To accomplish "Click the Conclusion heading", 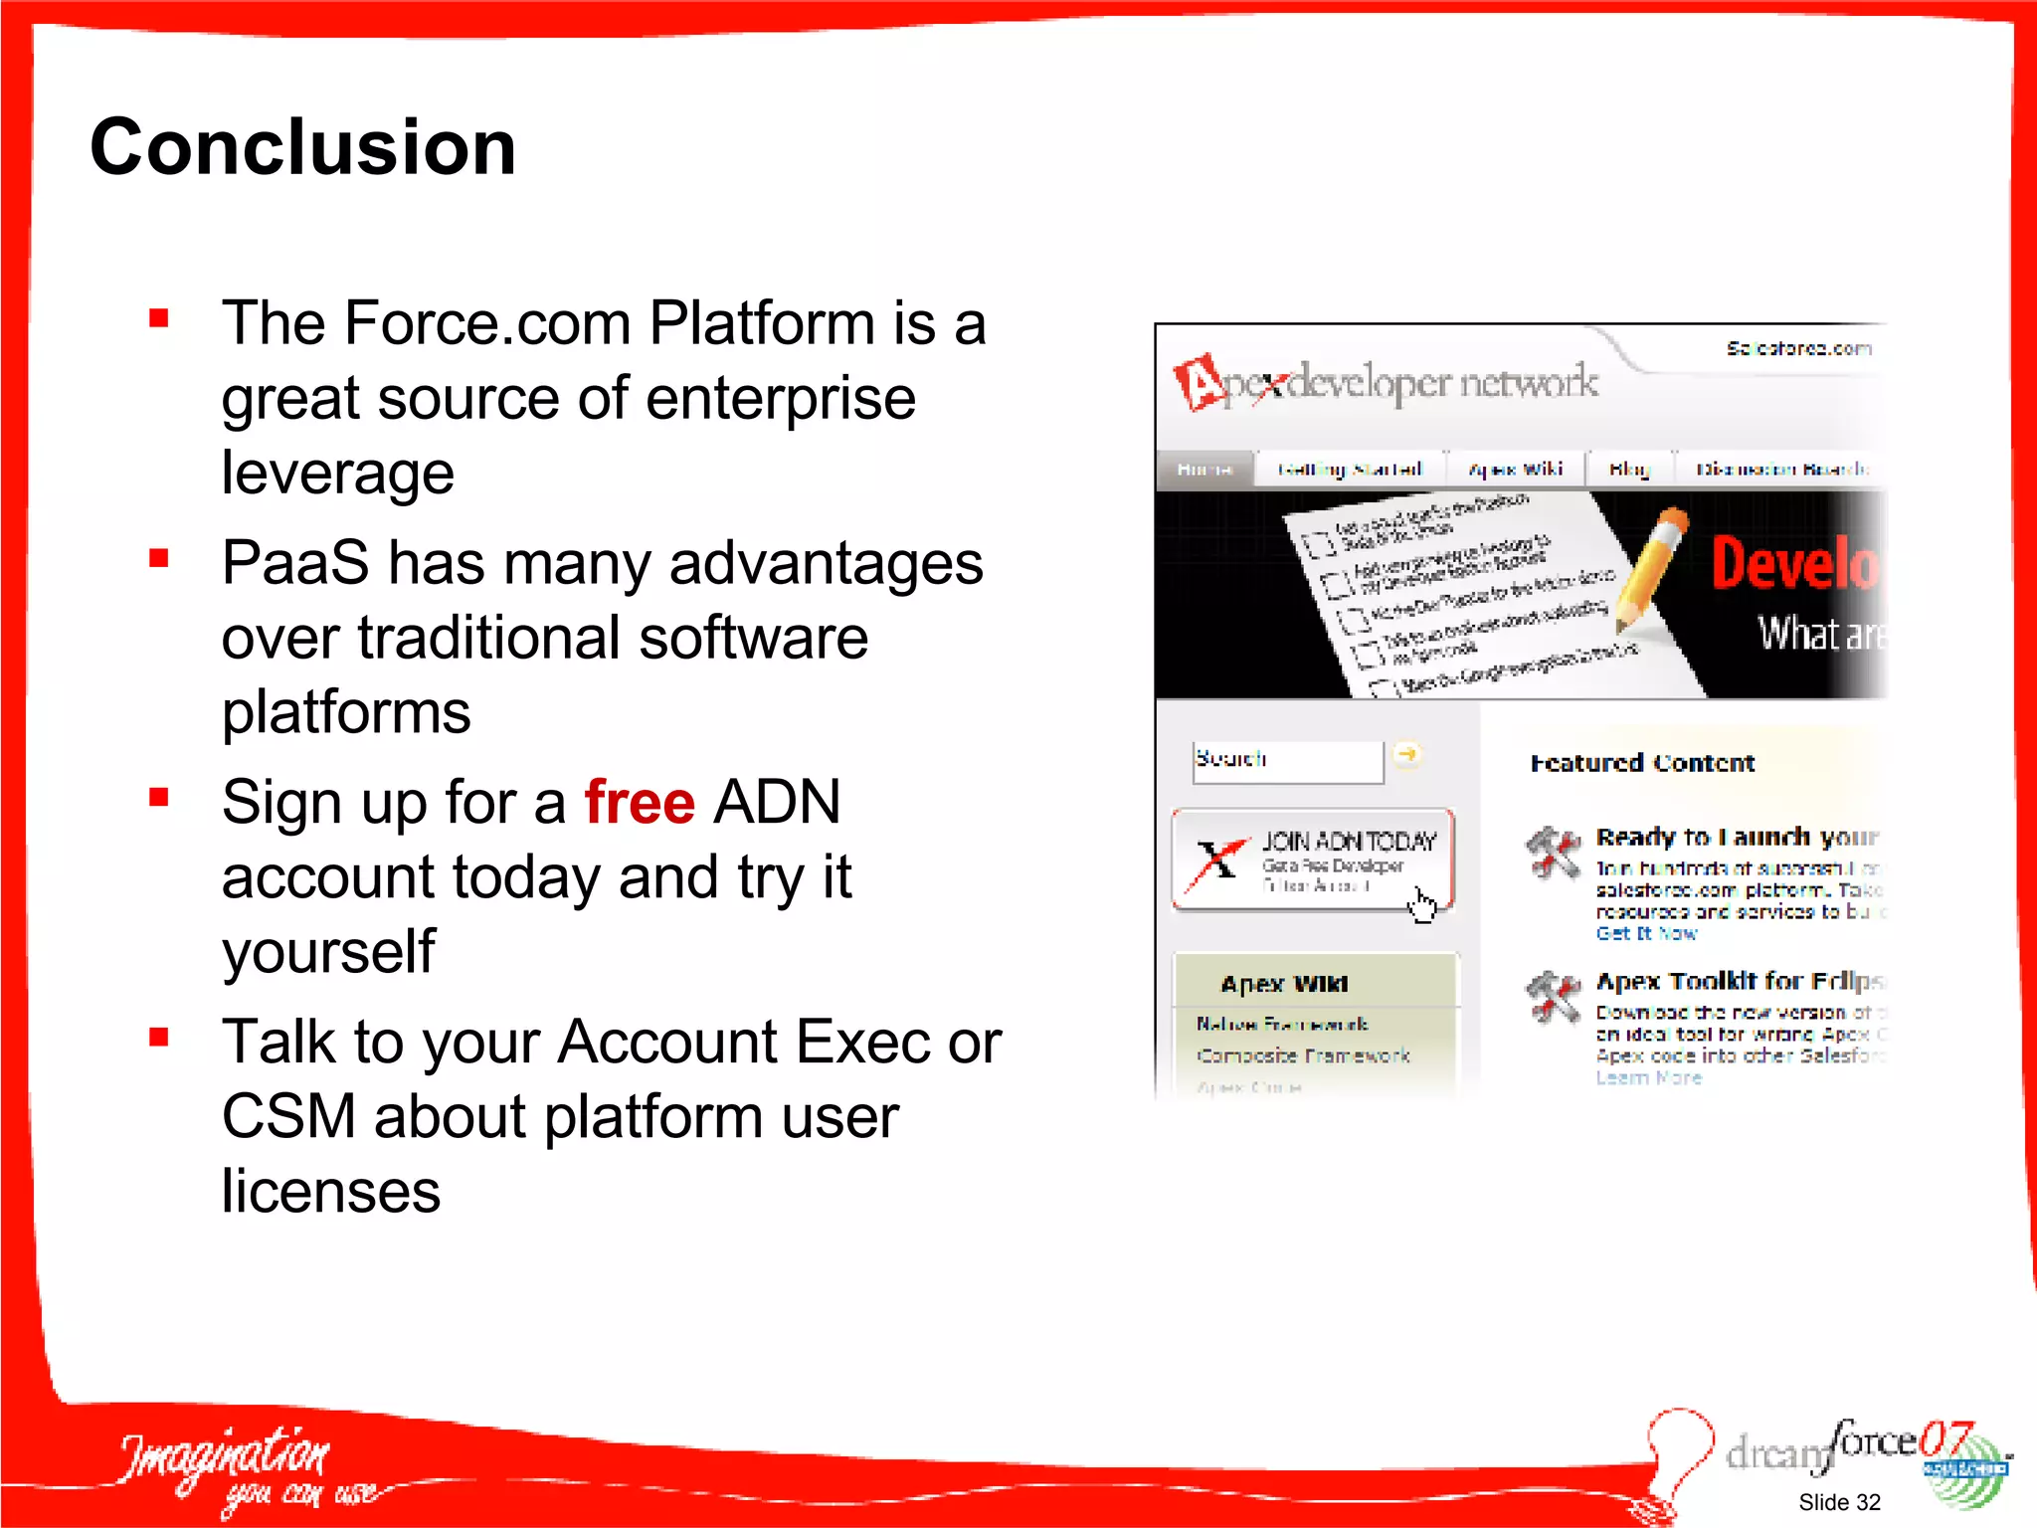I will click(x=302, y=147).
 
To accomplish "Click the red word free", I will click(x=639, y=802).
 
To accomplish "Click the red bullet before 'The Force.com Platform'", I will click(x=159, y=318).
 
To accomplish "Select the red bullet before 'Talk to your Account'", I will click(x=159, y=1038).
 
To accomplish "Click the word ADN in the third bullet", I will click(x=777, y=802).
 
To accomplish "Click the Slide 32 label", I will click(x=1838, y=1502).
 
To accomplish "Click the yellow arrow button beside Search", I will click(x=1406, y=755).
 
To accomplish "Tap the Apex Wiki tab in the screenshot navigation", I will click(x=1515, y=469).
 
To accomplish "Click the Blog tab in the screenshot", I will click(x=1628, y=469).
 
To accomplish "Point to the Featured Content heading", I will click(x=1641, y=763).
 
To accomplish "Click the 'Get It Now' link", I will click(x=1645, y=933).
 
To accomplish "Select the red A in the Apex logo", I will click(x=1200, y=383).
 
